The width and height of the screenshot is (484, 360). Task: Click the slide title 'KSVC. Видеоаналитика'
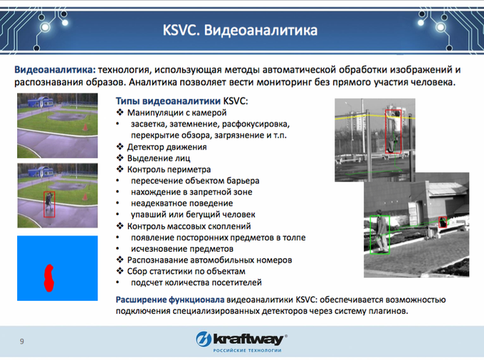240,30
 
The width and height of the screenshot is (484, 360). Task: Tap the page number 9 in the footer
21,342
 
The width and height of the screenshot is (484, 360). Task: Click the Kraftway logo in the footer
242,342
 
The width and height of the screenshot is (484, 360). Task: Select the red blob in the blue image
49,278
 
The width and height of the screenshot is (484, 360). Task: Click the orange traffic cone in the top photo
85,127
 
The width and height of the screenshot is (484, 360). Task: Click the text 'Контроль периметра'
169,169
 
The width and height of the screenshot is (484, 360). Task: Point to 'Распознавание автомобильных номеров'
209,260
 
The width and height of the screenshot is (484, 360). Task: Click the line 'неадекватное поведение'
181,203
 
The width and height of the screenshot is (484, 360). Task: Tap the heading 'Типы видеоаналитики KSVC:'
181,101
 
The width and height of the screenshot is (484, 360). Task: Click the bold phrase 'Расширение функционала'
170,300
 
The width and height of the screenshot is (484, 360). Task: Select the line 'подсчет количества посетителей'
196,282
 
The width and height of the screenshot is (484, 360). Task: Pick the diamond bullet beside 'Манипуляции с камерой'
120,112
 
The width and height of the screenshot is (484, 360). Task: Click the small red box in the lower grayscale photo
443,222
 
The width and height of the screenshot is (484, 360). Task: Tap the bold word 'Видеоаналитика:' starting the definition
56,70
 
